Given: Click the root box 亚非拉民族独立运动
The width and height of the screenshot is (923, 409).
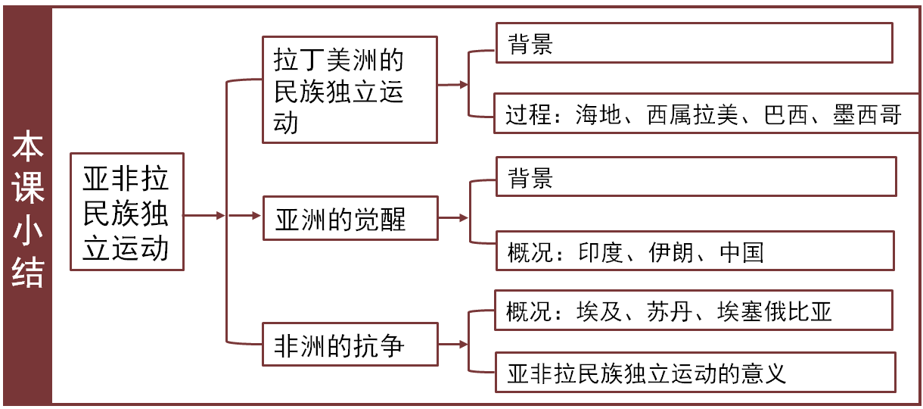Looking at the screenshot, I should click(x=126, y=211).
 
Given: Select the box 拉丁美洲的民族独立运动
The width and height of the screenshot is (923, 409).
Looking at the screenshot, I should click(x=349, y=89).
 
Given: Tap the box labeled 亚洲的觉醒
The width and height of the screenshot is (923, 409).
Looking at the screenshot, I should click(x=349, y=219).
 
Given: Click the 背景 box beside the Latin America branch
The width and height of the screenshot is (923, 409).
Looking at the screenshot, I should click(x=693, y=43).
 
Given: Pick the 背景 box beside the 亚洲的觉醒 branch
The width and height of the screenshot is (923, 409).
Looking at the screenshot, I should click(x=695, y=177).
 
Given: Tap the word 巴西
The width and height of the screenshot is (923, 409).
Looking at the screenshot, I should click(x=771, y=115).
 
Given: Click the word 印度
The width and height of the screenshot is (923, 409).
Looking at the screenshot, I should click(x=600, y=251).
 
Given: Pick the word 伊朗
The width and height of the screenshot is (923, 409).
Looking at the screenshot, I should click(x=671, y=251).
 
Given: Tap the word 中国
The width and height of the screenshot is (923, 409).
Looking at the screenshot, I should click(x=741, y=251).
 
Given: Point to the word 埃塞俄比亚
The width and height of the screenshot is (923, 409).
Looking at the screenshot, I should click(x=775, y=311).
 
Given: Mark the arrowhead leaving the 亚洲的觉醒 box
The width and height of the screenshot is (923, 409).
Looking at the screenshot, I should click(x=464, y=219).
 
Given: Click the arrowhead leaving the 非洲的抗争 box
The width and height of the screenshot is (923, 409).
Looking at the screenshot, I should click(x=464, y=345).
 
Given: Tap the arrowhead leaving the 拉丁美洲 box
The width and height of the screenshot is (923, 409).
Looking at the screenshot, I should click(x=464, y=86).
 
